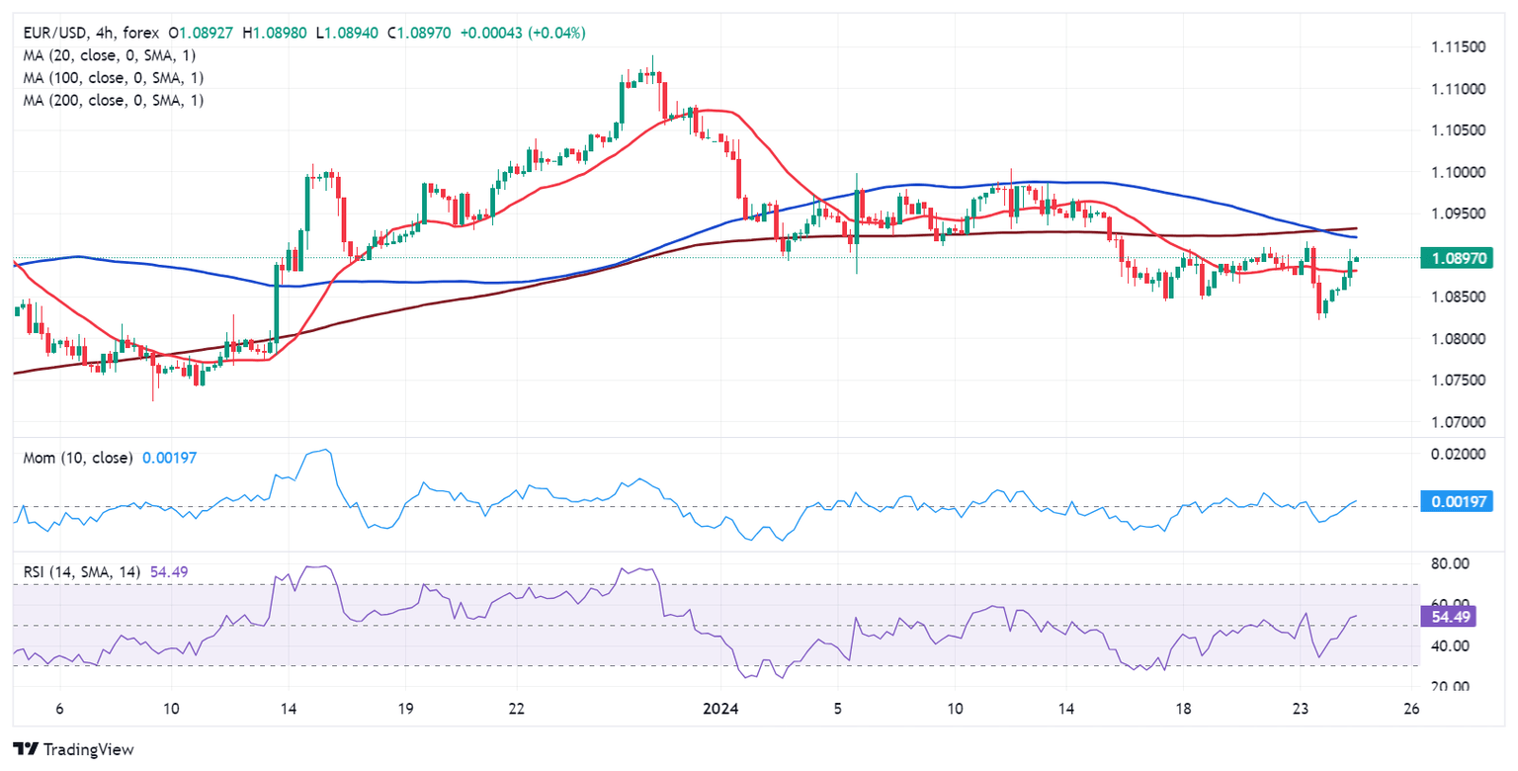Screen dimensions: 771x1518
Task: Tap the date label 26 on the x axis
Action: pos(1411,710)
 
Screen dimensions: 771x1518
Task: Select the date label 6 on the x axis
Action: pos(60,710)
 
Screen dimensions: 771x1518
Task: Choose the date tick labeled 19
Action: pos(403,710)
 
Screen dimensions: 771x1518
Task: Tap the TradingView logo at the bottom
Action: pos(73,749)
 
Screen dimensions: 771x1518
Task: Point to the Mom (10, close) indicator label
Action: pos(75,458)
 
